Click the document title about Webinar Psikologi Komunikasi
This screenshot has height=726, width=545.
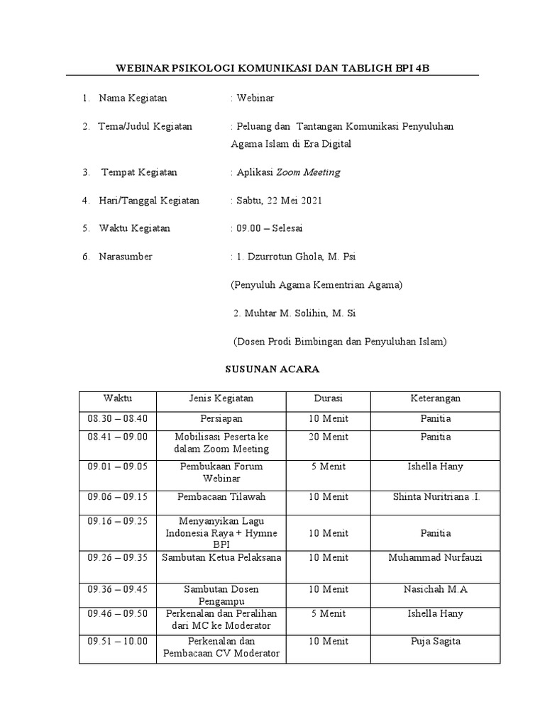272,68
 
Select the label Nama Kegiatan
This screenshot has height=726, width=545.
133,98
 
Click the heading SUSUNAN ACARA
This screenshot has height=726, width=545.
272,369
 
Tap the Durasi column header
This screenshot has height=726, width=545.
328,399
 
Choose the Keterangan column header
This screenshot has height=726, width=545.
435,399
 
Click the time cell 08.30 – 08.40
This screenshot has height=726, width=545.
117,418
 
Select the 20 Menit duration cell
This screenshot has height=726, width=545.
328,437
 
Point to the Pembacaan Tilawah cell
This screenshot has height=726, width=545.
221,496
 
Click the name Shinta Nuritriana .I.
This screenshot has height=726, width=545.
436,496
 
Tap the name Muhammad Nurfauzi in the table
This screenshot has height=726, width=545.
435,557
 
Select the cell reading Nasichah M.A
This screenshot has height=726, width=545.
435,589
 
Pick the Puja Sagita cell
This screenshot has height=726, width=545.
435,641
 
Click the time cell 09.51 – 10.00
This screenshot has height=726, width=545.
117,641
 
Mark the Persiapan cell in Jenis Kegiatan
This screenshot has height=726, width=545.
221,418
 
